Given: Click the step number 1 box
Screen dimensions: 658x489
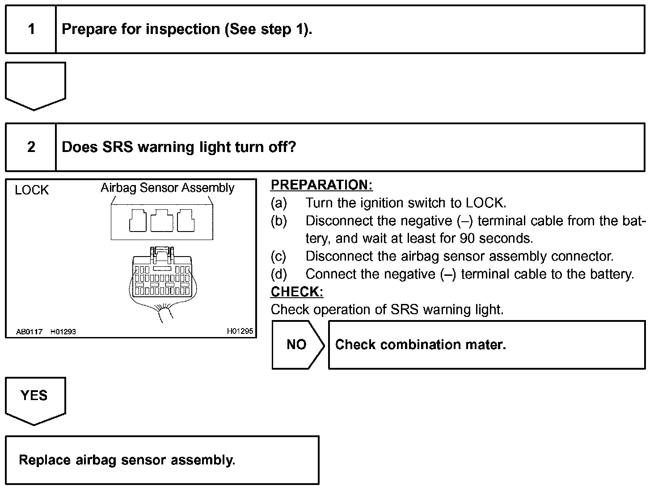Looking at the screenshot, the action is click(x=31, y=30).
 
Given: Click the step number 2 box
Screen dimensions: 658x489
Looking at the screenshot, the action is click(x=31, y=147).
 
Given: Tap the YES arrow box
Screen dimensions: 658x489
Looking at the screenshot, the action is click(x=35, y=399).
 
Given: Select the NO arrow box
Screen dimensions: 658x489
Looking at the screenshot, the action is click(x=297, y=345).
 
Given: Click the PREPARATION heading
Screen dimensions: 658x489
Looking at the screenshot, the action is click(x=321, y=185).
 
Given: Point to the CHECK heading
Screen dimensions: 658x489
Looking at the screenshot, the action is click(x=297, y=292).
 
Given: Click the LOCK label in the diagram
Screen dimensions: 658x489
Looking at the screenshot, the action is click(x=31, y=190).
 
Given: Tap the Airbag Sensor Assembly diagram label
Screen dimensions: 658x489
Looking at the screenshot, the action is click(x=167, y=188).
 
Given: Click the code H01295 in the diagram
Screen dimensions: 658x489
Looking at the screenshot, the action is click(x=240, y=331).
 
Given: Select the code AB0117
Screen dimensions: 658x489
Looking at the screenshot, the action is click(x=29, y=332).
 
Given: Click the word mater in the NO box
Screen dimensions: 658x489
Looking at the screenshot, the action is click(x=484, y=345).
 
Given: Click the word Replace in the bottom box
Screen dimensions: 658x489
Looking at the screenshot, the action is click(x=45, y=460).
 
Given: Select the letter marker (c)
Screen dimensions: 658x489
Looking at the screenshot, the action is click(x=278, y=256).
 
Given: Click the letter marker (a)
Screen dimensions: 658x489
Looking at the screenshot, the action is click(x=278, y=203).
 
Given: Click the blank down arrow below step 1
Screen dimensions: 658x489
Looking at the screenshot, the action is click(x=35, y=85).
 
